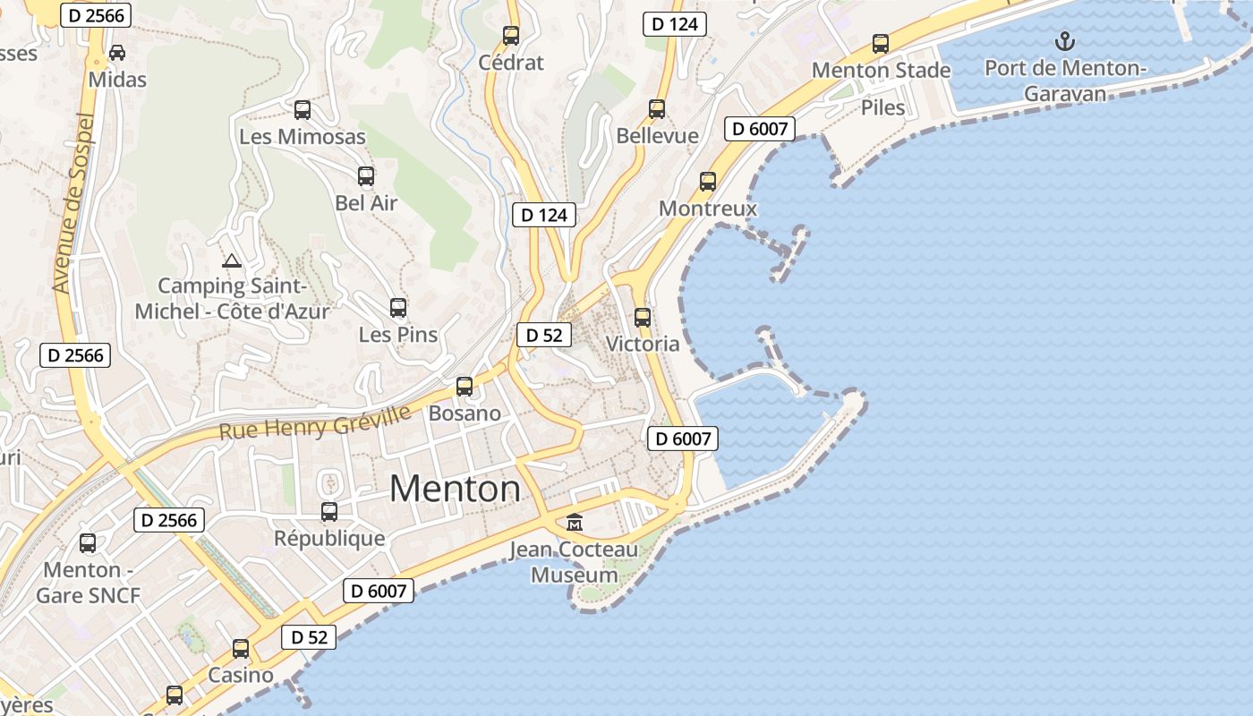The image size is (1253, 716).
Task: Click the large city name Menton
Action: [x=455, y=489]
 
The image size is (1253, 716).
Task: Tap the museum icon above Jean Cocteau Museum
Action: [x=575, y=522]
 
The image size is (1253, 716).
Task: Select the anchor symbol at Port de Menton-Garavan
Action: [x=1064, y=40]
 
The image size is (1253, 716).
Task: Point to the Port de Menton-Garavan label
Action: [x=1064, y=81]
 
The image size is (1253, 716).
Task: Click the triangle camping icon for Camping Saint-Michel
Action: [x=232, y=261]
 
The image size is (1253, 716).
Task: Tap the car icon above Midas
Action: [x=117, y=53]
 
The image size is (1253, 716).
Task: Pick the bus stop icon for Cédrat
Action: [x=511, y=36]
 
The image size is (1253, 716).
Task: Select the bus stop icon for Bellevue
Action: [x=657, y=109]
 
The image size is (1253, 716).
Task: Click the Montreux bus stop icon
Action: [x=708, y=182]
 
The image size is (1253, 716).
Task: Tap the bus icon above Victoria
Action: [x=643, y=317]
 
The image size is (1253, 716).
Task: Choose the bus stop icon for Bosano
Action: [x=465, y=387]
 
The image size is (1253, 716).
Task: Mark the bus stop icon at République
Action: [x=329, y=512]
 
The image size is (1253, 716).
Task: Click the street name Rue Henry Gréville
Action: [x=315, y=422]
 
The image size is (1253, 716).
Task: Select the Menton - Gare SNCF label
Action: [x=88, y=583]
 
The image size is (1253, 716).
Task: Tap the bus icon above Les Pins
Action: [x=398, y=308]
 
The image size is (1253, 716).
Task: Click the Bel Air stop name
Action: [x=366, y=203]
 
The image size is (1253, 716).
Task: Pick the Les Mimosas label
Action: [x=303, y=137]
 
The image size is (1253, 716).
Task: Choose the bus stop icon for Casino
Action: [x=241, y=649]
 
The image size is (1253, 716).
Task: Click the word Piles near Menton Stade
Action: [x=882, y=108]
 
